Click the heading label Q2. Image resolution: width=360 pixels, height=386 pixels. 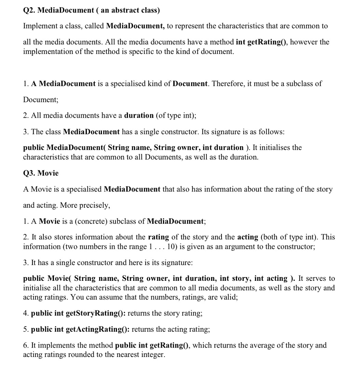(x=29, y=10)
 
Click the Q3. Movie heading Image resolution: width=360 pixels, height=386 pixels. (x=41, y=173)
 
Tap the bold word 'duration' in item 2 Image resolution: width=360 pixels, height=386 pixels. (x=139, y=115)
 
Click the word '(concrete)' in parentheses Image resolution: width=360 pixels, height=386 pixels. (x=91, y=221)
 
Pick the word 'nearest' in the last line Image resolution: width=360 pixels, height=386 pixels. (x=127, y=355)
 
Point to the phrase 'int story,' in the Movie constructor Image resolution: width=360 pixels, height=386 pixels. (x=235, y=279)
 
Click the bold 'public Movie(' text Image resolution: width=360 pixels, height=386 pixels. (x=47, y=279)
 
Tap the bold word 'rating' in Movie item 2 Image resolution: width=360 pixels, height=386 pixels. (x=158, y=237)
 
